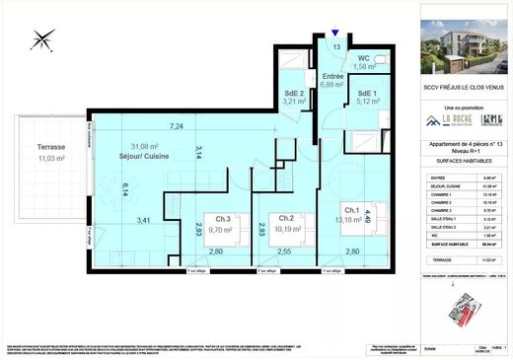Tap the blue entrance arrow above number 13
[x=335, y=34]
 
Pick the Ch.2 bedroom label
[x=286, y=218]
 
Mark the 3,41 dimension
[x=143, y=220]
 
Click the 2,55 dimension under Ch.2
[x=283, y=252]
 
